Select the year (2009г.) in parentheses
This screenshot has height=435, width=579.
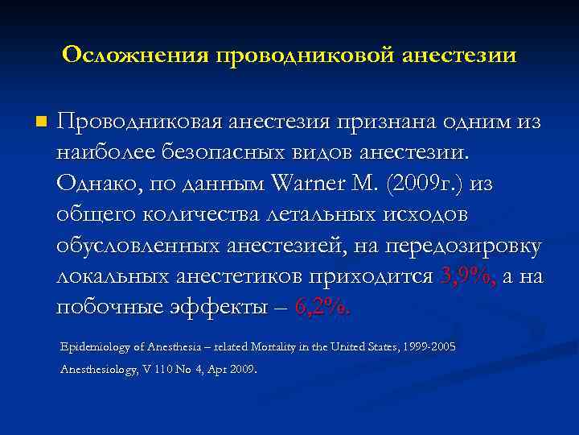[425, 184]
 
